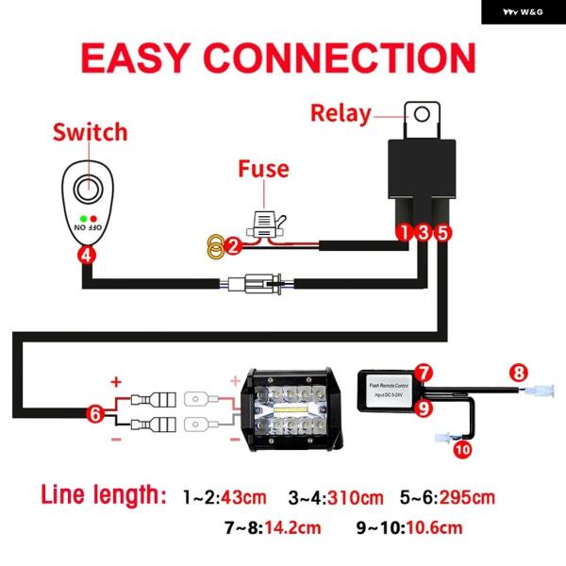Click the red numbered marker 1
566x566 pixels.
coord(403,231)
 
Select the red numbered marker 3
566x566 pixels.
coord(424,231)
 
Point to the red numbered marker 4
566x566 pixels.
coord(86,254)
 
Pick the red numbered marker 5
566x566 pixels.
coord(443,231)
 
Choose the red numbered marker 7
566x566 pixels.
coord(424,373)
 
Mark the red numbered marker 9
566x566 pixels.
coord(424,408)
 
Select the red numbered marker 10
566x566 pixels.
coord(461,450)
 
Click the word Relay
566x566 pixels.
coord(342,114)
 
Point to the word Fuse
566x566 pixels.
coord(263,170)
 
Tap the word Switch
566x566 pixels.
coord(90,131)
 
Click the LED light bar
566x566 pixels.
coord(291,411)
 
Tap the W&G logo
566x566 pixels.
coord(523,12)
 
